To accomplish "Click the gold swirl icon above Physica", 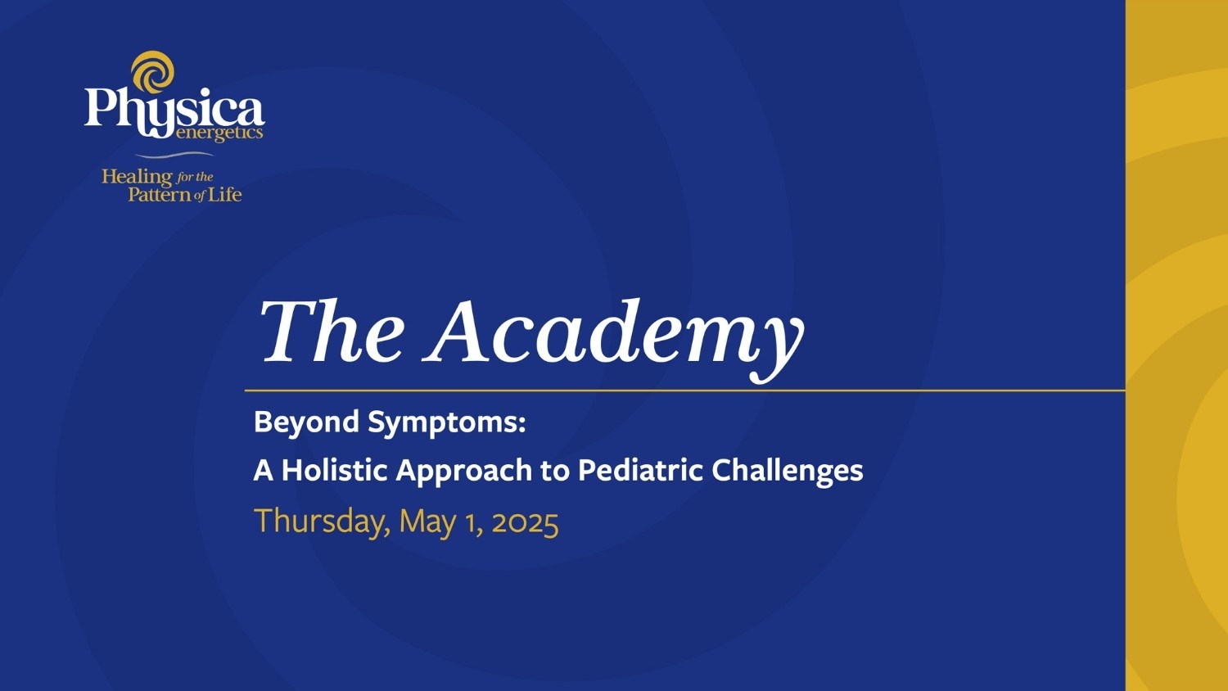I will (153, 71).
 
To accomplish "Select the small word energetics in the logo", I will (219, 133).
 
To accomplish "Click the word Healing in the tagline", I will (136, 177).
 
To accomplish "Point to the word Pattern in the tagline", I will (159, 195).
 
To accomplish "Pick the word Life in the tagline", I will (224, 194).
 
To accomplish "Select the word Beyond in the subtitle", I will (306, 422).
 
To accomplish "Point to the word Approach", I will (464, 472).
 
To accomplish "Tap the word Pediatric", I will (640, 470).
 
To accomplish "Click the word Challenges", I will (787, 471).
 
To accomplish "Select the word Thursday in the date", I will (323, 522).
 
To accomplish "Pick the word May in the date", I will (427, 522).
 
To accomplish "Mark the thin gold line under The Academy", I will (684, 391).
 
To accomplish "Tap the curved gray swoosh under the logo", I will (174, 155).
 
